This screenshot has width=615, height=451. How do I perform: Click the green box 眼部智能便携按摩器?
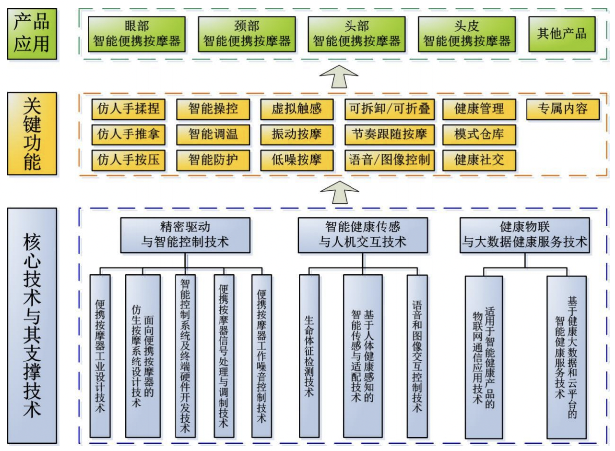[137, 34]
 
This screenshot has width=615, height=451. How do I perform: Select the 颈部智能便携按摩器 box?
[247, 34]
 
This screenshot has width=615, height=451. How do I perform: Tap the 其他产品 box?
[562, 34]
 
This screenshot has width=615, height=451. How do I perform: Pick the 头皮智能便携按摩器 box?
[467, 34]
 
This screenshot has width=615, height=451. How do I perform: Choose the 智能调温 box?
[213, 134]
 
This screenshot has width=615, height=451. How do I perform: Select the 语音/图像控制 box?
[390, 160]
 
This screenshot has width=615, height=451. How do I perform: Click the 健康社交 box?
[479, 160]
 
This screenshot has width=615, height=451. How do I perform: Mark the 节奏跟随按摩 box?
[390, 134]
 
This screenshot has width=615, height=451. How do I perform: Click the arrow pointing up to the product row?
[339, 77]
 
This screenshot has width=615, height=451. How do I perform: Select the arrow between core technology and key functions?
[340, 193]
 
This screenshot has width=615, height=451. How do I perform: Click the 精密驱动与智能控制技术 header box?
[185, 235]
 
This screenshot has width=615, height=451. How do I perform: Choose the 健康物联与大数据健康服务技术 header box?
[525, 235]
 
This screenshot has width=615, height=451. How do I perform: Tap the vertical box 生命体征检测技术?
[309, 356]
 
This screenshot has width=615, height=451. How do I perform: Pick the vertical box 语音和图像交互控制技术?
[417, 356]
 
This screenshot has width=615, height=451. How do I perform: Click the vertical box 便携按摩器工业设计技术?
[100, 356]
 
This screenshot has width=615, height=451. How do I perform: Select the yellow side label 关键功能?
[32, 134]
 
